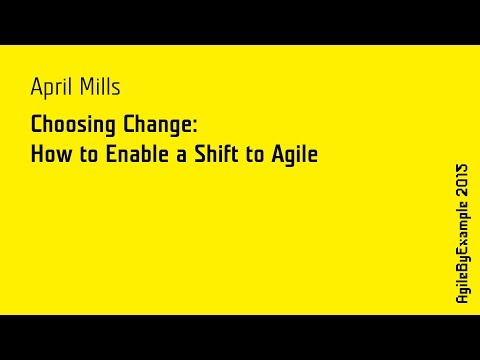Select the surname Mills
click(x=99, y=89)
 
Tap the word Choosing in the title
click(x=68, y=127)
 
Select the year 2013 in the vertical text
click(x=462, y=180)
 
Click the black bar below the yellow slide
click(x=240, y=337)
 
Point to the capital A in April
click(x=36, y=89)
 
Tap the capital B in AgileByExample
click(x=462, y=271)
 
